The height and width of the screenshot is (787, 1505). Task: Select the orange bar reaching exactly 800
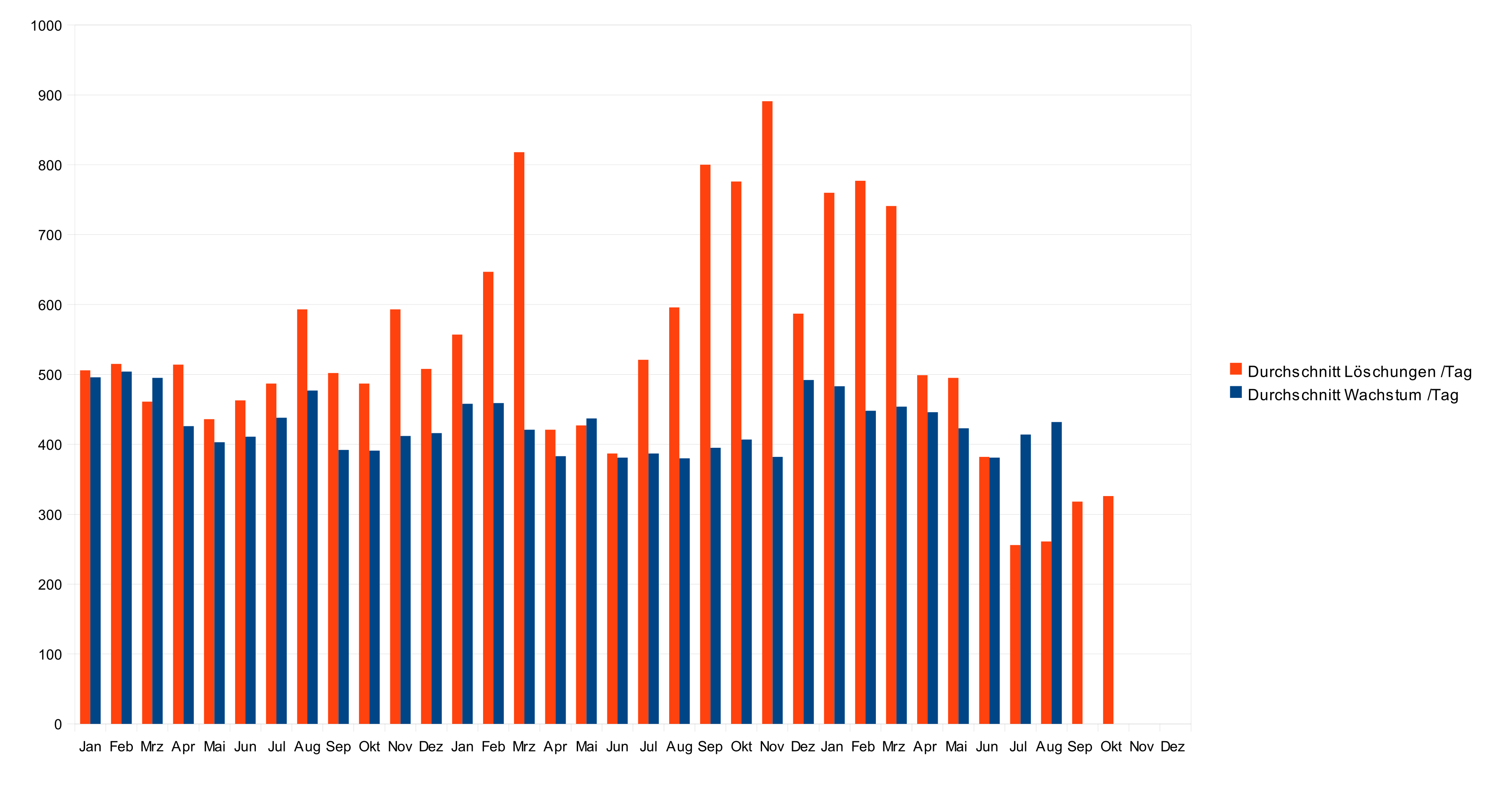[705, 444]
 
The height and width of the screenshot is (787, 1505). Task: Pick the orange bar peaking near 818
[519, 438]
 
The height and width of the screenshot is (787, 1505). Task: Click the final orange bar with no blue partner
[1108, 610]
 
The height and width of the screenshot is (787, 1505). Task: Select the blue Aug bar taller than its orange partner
[1056, 572]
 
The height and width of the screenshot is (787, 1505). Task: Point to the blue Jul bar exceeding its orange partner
[1025, 579]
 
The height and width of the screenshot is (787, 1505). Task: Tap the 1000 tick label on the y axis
[46, 26]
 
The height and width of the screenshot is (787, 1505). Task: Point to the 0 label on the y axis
[58, 725]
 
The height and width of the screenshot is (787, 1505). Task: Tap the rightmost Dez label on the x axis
[1172, 747]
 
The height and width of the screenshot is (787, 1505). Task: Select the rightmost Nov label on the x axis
[1141, 747]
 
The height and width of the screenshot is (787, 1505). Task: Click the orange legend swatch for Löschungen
[1236, 369]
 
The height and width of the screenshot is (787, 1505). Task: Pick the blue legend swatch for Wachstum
[1236, 392]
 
